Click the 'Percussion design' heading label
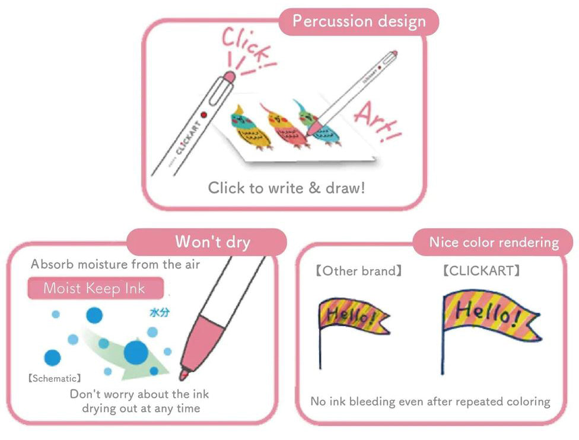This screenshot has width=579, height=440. tap(360, 21)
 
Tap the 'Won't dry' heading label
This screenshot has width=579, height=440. tap(212, 242)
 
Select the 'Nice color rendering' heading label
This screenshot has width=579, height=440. tap(494, 242)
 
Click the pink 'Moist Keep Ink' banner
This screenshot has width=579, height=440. tap(95, 289)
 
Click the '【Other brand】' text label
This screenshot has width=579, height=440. tap(358, 271)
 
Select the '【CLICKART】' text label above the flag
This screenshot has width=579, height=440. tap(481, 271)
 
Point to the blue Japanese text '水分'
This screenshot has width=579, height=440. tap(158, 312)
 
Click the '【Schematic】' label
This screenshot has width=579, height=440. tap(55, 378)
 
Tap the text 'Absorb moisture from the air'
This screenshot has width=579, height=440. tap(116, 264)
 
